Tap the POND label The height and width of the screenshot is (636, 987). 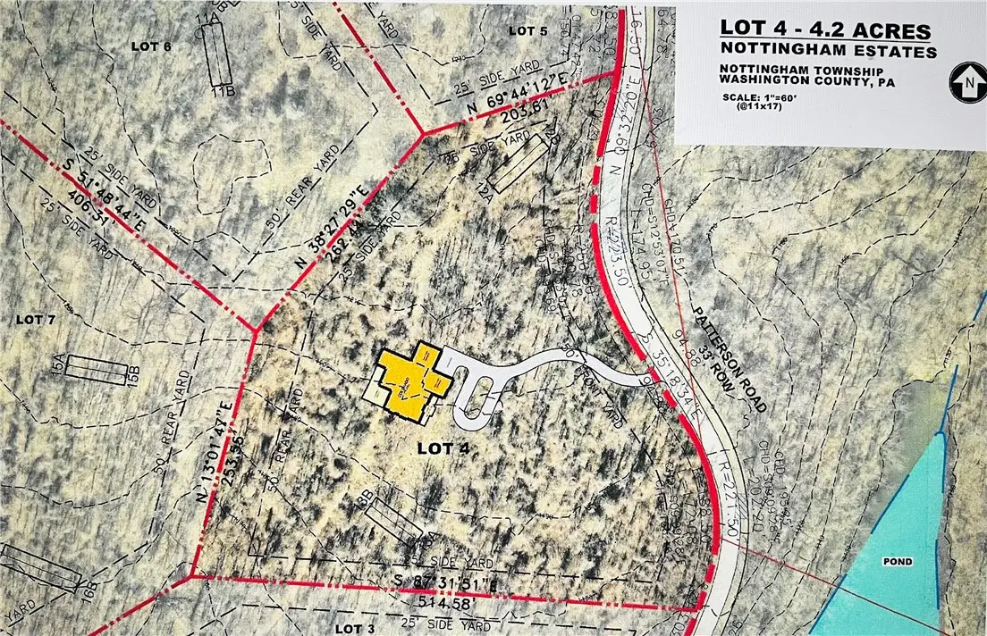pyautogui.click(x=899, y=561)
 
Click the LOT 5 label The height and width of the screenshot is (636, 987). pyautogui.click(x=527, y=30)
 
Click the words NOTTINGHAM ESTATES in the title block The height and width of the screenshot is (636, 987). pyautogui.click(x=830, y=53)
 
